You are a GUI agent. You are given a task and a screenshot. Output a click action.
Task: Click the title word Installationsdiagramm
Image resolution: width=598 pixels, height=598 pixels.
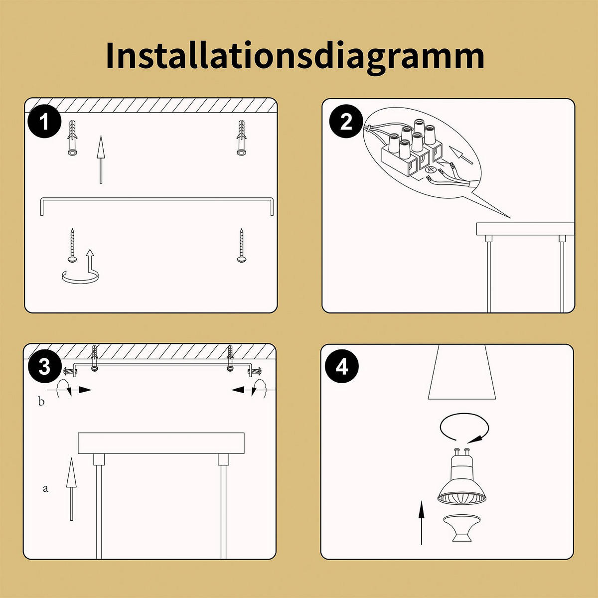click(295, 56)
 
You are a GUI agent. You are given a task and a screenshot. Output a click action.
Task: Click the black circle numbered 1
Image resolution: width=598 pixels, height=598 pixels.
click(45, 122)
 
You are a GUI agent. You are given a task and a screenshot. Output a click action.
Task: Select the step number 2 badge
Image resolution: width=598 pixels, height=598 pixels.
click(346, 122)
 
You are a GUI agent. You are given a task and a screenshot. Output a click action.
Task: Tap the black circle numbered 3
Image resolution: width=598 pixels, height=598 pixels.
click(44, 367)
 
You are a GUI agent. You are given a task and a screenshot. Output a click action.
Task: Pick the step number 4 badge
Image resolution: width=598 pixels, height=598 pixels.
click(342, 367)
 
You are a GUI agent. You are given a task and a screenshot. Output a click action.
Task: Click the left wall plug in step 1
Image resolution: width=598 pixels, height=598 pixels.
click(72, 138)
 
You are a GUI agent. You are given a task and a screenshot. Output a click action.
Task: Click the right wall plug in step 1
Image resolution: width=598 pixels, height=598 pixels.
click(242, 138)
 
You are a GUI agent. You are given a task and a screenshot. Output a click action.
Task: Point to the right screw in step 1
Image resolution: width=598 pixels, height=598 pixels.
click(242, 245)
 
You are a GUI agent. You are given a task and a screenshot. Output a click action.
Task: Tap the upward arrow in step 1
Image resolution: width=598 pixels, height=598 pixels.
click(101, 159)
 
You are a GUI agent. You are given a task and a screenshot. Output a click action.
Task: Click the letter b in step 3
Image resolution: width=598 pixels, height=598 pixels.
click(41, 401)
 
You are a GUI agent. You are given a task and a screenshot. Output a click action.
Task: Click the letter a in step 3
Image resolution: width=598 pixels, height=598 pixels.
click(45, 488)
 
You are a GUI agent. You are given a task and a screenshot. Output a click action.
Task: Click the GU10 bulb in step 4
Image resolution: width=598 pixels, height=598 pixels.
click(461, 478)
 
